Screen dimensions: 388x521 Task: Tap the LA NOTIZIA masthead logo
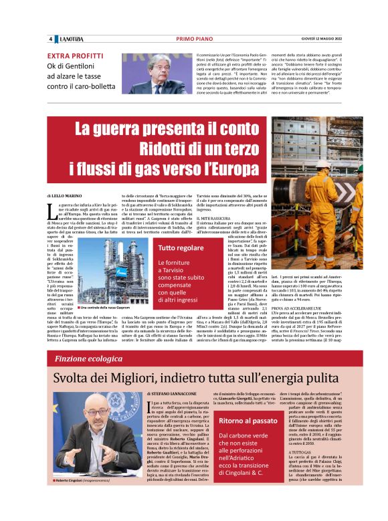pyautogui.click(x=70, y=38)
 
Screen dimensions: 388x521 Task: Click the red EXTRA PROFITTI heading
pyautogui.click(x=75, y=56)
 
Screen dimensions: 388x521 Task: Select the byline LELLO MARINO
pyautogui.click(x=68, y=194)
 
